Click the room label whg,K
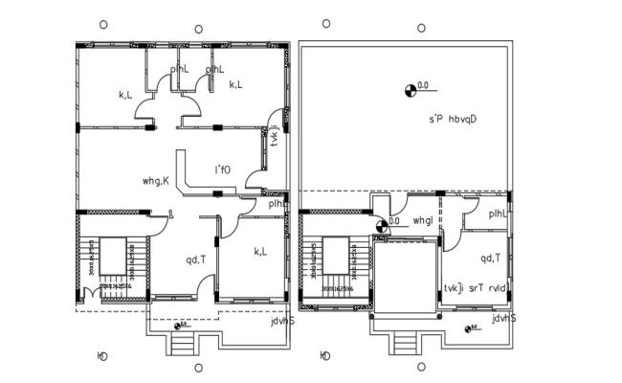[155, 179]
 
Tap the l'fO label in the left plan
[224, 169]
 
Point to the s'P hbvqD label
[453, 120]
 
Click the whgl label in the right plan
[423, 221]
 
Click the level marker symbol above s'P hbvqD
[412, 90]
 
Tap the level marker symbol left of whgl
[381, 225]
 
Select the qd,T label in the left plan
[197, 258]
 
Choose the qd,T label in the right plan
[491, 258]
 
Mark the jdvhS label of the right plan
[504, 318]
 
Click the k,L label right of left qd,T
[260, 251]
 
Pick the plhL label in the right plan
[499, 214]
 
